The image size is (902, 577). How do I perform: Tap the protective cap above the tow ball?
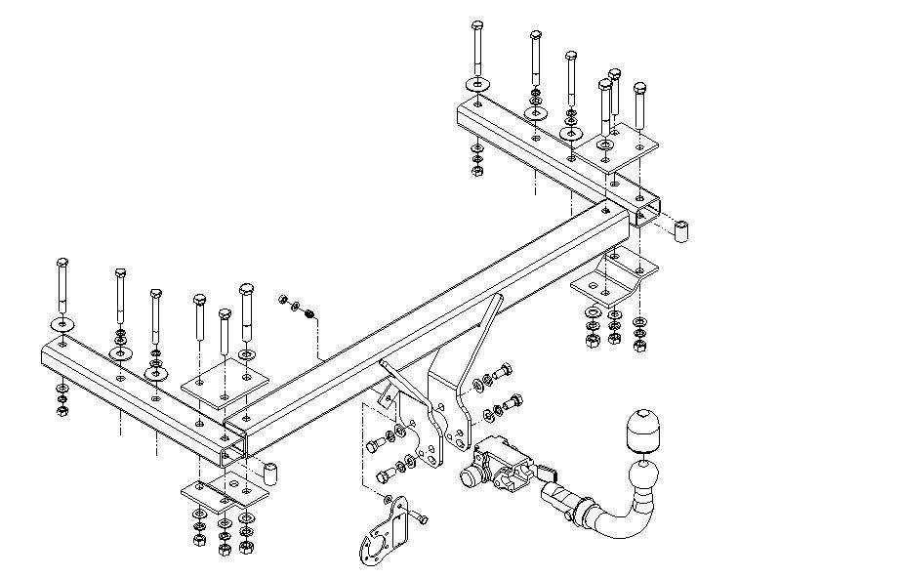point(643,429)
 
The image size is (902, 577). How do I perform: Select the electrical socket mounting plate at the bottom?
point(386,531)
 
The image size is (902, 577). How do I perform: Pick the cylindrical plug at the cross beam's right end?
point(682,232)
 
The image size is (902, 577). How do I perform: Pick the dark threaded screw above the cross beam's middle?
point(309,313)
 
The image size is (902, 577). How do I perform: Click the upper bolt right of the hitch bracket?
point(503,371)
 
